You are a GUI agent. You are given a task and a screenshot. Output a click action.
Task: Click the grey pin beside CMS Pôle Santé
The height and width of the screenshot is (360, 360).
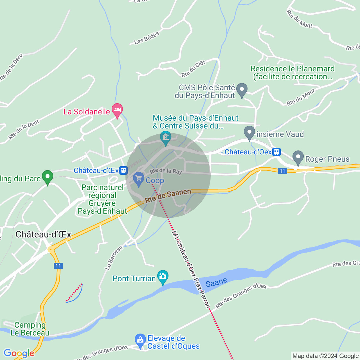pos(242,90)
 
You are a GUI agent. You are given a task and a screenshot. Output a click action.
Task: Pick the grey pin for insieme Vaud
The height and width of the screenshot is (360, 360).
pos(249,133)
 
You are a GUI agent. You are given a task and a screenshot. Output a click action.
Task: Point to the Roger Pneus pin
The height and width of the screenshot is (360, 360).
pos(298,157)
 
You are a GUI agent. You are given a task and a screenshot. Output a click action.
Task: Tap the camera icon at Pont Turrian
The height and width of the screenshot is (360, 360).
pos(163,276)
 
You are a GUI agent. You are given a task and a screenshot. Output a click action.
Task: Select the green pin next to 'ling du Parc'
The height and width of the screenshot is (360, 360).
pos(47,177)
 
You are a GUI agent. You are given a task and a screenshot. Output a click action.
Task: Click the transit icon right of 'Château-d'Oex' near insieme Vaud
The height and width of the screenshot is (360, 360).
pos(276,152)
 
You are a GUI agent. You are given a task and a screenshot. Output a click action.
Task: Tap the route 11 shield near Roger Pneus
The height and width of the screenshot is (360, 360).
pos(282,171)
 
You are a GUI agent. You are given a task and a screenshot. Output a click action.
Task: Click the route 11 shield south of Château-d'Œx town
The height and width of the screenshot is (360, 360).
pos(58,266)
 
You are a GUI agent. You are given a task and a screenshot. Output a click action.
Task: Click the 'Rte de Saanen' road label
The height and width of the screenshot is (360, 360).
pos(168,196)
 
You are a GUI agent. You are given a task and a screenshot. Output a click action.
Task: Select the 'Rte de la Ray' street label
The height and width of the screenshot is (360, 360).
pos(166,171)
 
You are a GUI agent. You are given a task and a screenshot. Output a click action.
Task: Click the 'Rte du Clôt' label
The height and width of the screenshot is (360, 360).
pos(193,69)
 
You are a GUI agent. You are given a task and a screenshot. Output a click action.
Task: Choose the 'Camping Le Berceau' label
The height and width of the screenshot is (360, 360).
pos(30,329)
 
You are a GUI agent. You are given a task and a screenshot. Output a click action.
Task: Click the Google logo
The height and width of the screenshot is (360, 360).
pos(19,353)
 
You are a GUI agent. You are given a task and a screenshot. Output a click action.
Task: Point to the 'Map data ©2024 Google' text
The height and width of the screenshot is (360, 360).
pos(325,356)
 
